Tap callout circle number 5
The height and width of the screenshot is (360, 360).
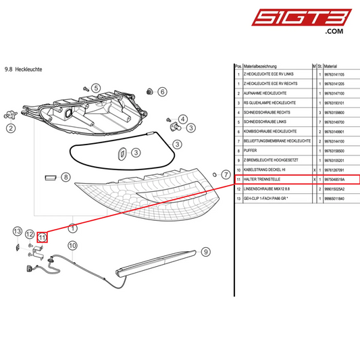[x=96, y=88]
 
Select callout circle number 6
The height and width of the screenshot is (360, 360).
[x=161, y=91]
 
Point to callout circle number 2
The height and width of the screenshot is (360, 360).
[x=11, y=127]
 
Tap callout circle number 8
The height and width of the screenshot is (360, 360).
[x=66, y=177]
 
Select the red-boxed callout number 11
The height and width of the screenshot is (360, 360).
[x=42, y=236]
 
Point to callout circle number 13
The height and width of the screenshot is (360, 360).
[x=18, y=232]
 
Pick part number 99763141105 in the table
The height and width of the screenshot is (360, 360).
[x=335, y=74]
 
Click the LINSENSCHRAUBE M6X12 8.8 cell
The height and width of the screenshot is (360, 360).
[x=267, y=190]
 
